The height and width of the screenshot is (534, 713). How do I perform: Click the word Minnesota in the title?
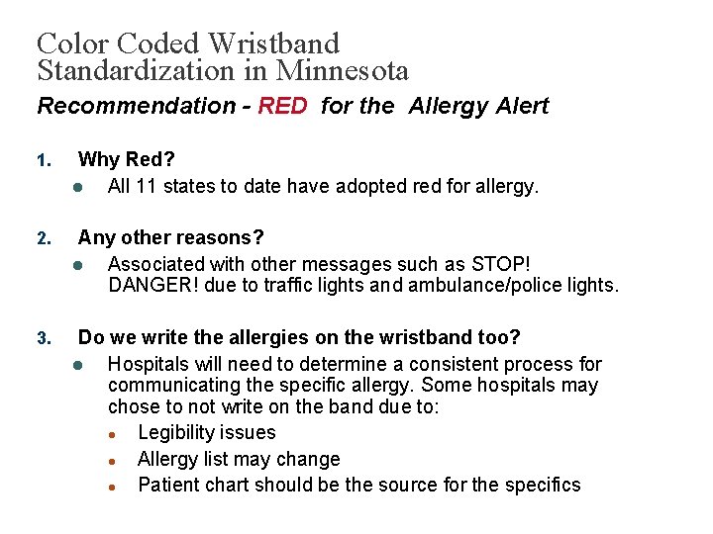343,71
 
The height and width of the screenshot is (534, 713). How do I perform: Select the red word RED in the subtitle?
283,107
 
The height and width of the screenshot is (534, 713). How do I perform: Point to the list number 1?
42,160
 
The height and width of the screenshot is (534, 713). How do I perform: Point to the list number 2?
42,239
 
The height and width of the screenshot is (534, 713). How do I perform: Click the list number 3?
42,339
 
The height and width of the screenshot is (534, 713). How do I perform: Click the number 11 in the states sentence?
149,186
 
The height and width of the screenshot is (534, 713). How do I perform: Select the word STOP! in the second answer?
501,264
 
